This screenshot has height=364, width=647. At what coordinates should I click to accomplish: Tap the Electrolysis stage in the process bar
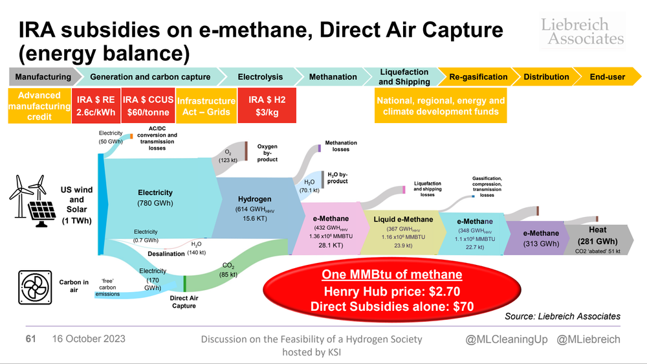(261, 76)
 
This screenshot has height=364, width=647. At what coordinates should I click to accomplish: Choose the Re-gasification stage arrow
(479, 76)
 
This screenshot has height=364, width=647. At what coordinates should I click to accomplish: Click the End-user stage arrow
(607, 76)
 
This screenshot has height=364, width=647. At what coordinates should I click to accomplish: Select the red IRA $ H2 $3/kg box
(268, 106)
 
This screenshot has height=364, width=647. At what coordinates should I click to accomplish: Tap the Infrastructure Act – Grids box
(206, 106)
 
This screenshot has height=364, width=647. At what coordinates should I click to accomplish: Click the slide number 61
(30, 339)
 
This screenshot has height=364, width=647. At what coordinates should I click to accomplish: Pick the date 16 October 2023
(89, 339)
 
